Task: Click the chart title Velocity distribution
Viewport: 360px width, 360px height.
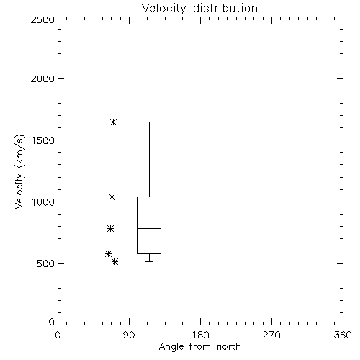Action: [199, 9]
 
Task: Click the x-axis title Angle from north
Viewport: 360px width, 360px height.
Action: [199, 347]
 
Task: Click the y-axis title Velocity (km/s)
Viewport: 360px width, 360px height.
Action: [19, 171]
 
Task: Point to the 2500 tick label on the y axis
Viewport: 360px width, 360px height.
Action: [42, 19]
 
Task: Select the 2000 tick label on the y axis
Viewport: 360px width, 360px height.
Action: [42, 78]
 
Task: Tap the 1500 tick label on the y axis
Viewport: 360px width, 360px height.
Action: [43, 140]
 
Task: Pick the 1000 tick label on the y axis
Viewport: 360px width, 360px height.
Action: [43, 202]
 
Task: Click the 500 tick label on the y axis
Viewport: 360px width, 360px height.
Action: [46, 264]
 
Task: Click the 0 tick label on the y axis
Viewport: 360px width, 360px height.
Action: [52, 322]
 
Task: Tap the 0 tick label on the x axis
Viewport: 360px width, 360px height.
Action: [58, 335]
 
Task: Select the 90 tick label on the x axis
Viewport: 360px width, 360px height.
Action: [129, 335]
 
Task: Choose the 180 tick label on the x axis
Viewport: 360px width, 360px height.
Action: [200, 335]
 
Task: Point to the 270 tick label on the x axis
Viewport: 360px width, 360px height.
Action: [271, 335]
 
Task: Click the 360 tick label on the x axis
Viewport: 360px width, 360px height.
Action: [343, 335]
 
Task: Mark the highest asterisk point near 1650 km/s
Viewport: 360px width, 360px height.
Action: [114, 122]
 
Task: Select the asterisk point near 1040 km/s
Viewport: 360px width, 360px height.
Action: [112, 197]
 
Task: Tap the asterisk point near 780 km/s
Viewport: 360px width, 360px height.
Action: [110, 228]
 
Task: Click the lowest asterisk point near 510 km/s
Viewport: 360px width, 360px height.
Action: [115, 261]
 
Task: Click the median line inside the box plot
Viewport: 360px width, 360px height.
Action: [149, 228]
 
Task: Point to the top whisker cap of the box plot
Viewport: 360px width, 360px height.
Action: [149, 122]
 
